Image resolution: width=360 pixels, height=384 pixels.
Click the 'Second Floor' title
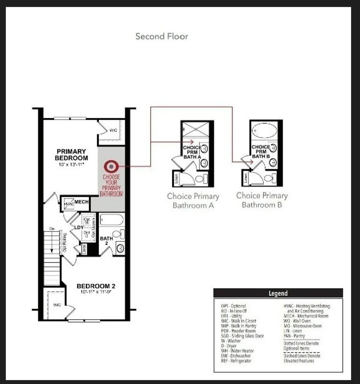click(x=162, y=36)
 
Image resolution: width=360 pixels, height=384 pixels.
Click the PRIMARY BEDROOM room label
click(x=71, y=155)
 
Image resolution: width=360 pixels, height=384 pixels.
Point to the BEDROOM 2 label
click(x=96, y=286)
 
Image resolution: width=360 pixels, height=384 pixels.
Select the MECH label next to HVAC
click(x=82, y=202)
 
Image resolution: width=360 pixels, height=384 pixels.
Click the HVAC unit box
click(x=69, y=203)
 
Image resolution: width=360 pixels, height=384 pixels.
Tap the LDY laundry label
click(x=79, y=227)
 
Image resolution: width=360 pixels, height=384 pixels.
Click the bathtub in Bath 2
click(x=112, y=220)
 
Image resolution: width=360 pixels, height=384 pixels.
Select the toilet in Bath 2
click(x=118, y=234)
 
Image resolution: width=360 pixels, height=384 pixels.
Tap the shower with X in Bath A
click(x=196, y=129)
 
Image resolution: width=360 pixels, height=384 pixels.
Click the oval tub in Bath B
click(x=264, y=130)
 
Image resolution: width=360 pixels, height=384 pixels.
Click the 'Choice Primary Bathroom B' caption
click(x=262, y=200)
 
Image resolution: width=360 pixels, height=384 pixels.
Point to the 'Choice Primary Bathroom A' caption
click(x=193, y=201)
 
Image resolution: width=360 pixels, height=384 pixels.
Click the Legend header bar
click(x=278, y=293)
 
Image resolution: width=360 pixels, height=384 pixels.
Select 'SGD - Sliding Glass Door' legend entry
click(x=242, y=336)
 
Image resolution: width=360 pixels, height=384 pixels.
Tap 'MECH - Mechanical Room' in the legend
click(x=306, y=316)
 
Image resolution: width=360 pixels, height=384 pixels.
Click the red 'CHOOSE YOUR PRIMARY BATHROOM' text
click(x=111, y=185)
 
